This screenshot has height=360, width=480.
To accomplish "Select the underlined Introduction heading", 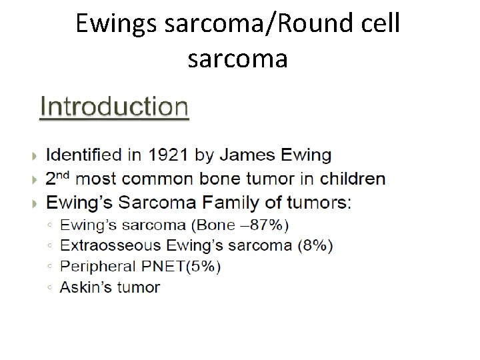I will tap(114, 106).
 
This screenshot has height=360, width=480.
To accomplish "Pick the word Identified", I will tap(83, 155).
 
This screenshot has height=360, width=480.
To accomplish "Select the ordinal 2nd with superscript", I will tap(58, 178).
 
